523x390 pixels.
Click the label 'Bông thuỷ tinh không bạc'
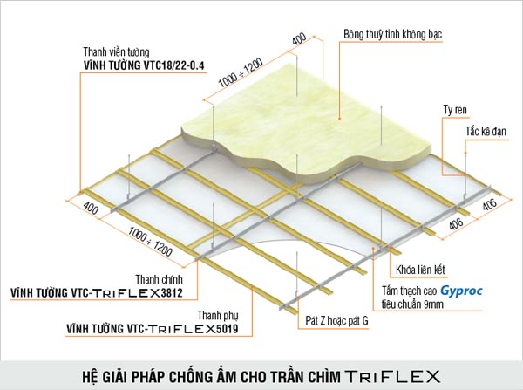pos(392,34)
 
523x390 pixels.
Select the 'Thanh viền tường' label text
pos(116,52)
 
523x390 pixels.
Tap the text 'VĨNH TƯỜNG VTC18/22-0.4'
pos(144,65)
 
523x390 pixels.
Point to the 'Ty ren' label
pos(455,110)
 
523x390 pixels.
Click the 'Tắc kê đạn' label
pos(486,131)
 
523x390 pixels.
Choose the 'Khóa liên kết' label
pos(420,270)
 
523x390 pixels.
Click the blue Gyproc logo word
pos(461,291)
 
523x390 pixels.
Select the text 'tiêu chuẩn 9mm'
pos(412,304)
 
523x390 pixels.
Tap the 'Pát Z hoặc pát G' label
pos(336,321)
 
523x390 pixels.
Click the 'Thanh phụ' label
pos(218,316)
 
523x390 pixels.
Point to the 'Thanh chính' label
pos(160,279)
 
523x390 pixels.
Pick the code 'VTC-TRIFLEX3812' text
pos(127,293)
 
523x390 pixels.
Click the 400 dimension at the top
pos(299,39)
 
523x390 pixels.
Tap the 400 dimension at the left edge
pos(91,208)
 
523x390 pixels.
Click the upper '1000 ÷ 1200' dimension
pos(241,72)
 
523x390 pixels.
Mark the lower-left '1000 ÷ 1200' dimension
pos(150,241)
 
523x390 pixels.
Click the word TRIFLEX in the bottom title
pos(392,376)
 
